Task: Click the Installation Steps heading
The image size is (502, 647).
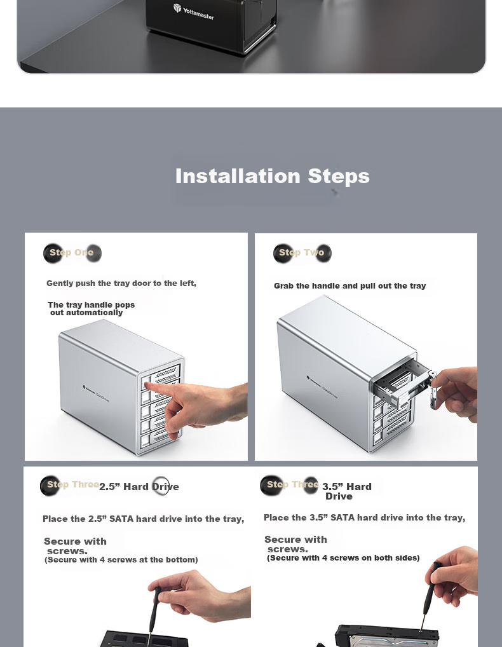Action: [x=272, y=176]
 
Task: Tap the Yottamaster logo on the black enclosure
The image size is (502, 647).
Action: [x=193, y=12]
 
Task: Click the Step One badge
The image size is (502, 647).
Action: [x=72, y=252]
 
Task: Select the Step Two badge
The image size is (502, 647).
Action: [x=302, y=252]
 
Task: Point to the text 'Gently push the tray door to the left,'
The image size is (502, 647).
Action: [x=121, y=283]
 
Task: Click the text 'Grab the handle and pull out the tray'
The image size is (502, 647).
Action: [x=349, y=286]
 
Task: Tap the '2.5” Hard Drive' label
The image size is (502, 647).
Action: [x=139, y=486]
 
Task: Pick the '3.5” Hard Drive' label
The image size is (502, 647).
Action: [x=346, y=491]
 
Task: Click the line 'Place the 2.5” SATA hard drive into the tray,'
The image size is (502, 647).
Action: [x=143, y=519]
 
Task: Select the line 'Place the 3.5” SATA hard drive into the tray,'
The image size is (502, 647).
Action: [x=364, y=517]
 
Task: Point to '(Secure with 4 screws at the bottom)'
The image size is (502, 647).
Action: [x=121, y=560]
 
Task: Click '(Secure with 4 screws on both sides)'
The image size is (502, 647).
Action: [x=343, y=558]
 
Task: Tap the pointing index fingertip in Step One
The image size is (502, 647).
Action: [x=148, y=386]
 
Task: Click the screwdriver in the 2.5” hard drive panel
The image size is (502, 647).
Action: [x=154, y=611]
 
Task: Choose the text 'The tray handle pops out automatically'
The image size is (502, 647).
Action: [x=91, y=309]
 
